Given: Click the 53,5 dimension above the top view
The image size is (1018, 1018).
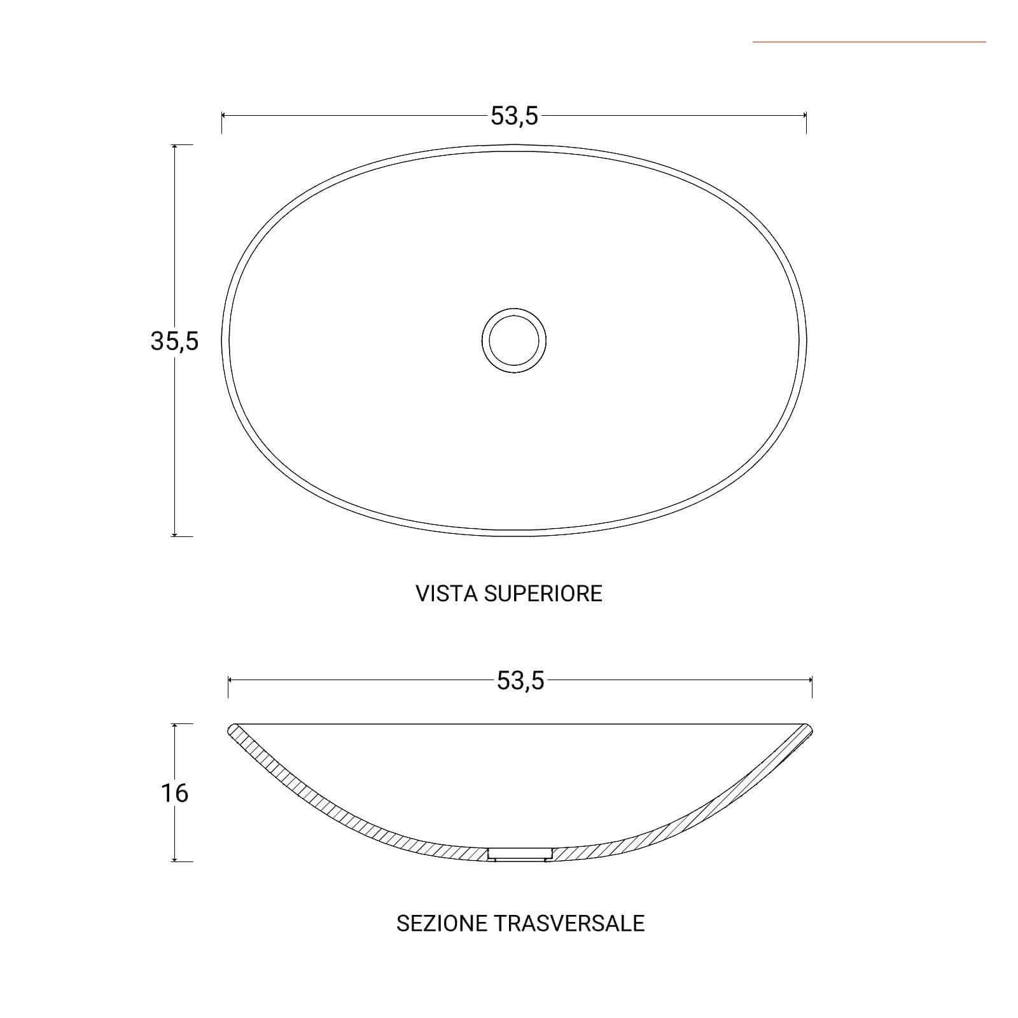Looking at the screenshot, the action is coord(514,116).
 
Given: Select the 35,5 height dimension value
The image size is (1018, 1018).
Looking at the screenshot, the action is coord(174,342).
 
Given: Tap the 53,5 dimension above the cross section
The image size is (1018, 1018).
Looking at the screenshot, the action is coord(520,681).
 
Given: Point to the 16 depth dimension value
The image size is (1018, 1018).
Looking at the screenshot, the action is coord(174,793).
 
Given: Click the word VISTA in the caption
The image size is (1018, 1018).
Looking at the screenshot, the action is coord(447,594).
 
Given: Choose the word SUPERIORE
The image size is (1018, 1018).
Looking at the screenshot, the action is coord(543,594).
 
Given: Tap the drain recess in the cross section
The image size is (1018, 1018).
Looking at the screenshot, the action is coord(520,854).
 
